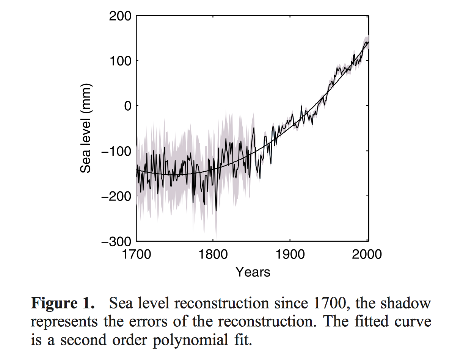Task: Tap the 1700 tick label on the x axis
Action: click(x=137, y=254)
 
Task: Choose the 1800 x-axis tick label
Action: click(x=213, y=254)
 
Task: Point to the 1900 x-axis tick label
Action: click(x=290, y=254)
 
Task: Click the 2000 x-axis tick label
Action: click(x=366, y=254)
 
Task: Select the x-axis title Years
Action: click(x=253, y=272)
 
